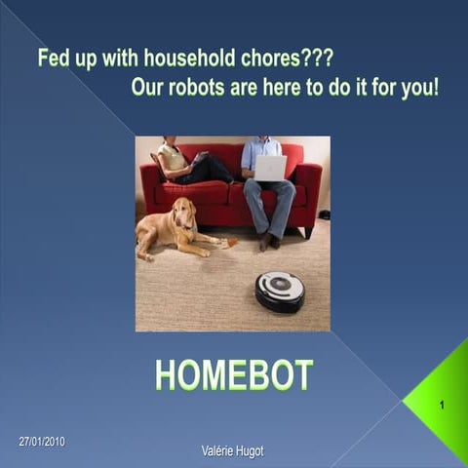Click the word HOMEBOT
tap(234, 375)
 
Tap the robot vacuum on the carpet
tap(280, 291)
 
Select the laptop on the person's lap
tap(270, 168)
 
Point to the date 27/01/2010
tap(42, 443)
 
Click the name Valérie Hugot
tap(232, 450)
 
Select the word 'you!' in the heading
tap(420, 86)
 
